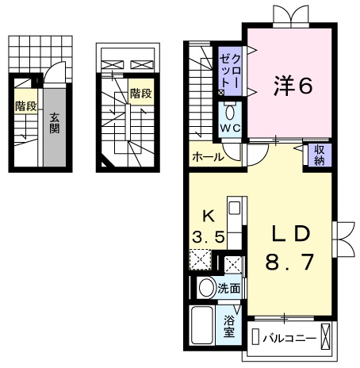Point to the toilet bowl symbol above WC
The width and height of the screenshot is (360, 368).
pos(231,110)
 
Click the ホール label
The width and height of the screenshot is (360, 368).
pos(207,157)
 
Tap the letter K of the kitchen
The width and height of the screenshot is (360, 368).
pos(209,215)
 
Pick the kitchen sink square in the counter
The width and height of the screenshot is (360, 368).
pos(234,209)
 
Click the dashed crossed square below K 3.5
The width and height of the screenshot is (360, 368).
pos(201,259)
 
